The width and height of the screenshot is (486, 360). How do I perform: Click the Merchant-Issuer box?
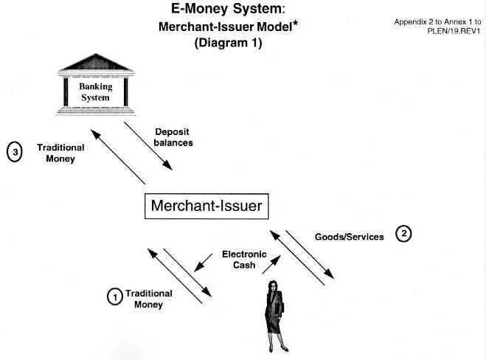pos(206,206)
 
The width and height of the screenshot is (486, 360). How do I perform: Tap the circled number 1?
pos(114,297)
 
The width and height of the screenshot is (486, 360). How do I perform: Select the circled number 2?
pos(404,234)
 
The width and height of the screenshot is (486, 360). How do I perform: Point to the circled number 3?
pos(15,153)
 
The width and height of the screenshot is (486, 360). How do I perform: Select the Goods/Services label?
pos(350,237)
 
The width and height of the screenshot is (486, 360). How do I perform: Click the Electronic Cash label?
pos(240,260)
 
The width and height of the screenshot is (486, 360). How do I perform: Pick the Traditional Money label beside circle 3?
pos(60,153)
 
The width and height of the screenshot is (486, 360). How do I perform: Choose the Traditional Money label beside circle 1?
pos(148,299)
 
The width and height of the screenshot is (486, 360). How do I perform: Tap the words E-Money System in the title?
pos(204,10)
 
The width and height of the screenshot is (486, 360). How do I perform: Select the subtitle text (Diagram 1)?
pos(228,43)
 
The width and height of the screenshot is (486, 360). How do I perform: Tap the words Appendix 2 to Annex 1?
pos(437,22)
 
